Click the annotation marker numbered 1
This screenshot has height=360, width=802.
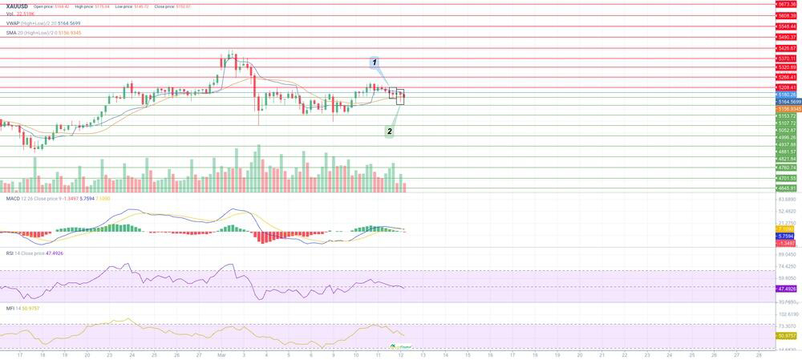[x=375, y=62]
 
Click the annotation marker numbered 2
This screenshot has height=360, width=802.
[x=390, y=131]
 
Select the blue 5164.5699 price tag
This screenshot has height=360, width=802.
[x=788, y=102]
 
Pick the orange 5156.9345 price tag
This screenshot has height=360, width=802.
[x=788, y=108]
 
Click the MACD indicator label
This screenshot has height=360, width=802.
[x=13, y=198]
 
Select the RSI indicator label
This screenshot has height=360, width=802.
[x=10, y=253]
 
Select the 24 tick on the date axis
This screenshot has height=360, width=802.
[x=132, y=354]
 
